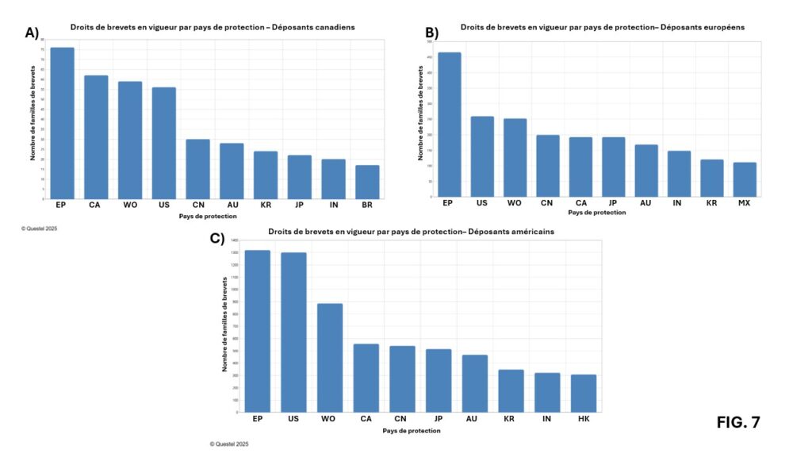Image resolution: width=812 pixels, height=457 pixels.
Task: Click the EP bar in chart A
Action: point(63,123)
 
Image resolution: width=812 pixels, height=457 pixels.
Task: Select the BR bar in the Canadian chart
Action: point(367,182)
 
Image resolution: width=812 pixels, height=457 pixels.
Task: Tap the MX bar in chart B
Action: point(745,179)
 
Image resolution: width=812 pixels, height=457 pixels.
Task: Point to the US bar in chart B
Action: point(482,156)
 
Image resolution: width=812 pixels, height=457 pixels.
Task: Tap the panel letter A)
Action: point(33,33)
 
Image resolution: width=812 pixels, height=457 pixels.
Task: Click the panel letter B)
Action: point(431,33)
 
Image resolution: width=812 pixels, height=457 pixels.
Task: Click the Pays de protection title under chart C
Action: point(412,431)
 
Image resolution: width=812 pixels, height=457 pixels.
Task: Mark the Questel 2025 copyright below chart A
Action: point(39,228)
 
